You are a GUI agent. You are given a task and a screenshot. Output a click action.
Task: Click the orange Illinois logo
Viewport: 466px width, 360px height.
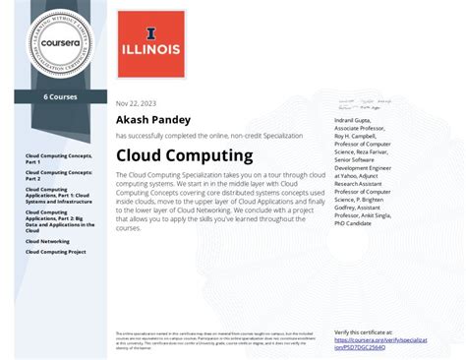click(149, 42)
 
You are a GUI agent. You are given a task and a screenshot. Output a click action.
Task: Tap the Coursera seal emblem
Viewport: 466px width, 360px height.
click(55, 42)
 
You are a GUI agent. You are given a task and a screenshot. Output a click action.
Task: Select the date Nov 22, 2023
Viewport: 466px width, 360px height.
click(137, 102)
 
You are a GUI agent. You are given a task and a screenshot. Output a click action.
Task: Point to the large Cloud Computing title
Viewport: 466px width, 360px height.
click(184, 155)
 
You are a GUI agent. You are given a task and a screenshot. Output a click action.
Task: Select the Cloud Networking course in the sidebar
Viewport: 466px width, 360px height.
click(47, 240)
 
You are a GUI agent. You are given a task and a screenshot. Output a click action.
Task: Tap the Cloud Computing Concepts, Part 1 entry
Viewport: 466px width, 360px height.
click(58, 159)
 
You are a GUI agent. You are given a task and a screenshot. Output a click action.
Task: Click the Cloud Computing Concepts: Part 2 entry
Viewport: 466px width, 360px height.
click(58, 175)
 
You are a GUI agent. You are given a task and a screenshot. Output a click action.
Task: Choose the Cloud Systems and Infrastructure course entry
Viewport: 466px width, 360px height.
click(59, 196)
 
